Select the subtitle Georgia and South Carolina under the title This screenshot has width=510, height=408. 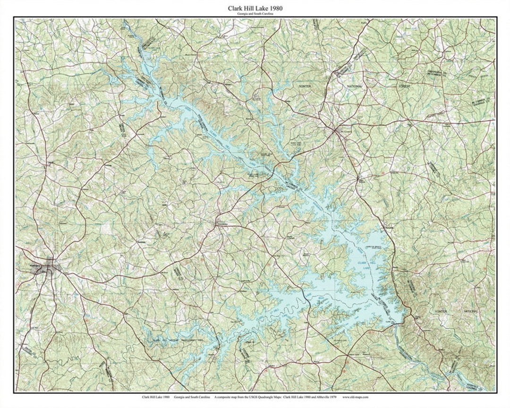255,15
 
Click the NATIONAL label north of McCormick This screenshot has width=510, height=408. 353,87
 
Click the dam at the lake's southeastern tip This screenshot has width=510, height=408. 402,324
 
